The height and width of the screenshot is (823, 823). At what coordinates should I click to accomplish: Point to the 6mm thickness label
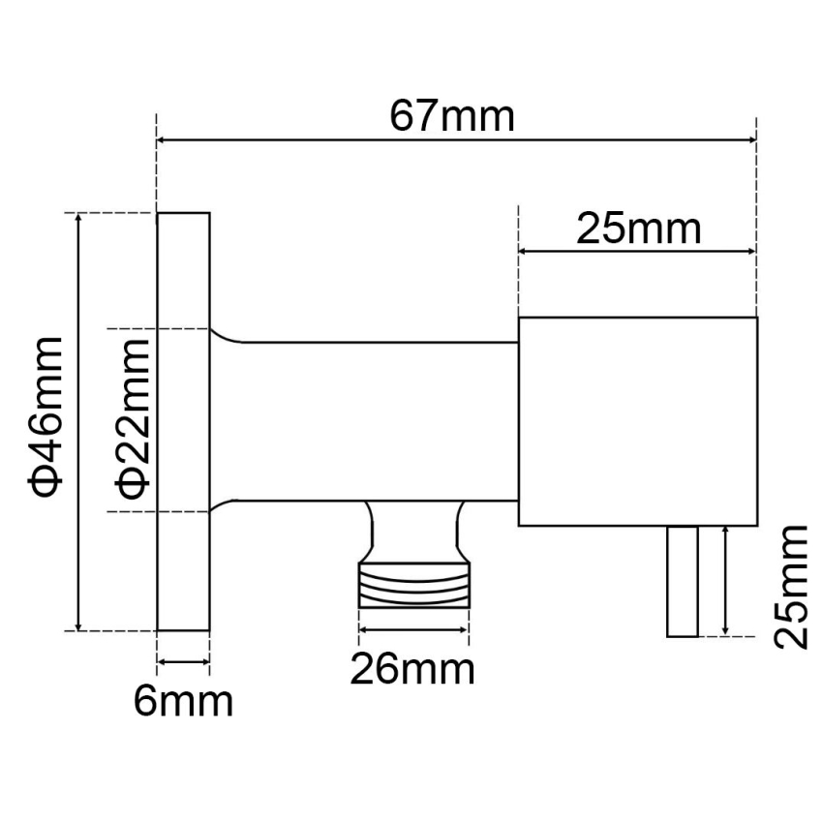tap(183, 701)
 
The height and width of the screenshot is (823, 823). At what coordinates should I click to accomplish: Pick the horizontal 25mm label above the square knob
tap(638, 229)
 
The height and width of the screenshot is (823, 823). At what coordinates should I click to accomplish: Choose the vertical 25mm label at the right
tap(792, 585)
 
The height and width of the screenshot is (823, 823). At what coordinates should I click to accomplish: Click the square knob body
tap(638, 421)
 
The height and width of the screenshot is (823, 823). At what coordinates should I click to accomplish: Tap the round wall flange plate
tap(183, 421)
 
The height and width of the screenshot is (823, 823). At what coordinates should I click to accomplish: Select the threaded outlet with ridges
tap(414, 584)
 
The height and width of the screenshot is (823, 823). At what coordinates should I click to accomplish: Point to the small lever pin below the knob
tap(682, 581)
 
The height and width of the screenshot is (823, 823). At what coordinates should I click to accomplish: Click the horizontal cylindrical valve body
tap(378, 421)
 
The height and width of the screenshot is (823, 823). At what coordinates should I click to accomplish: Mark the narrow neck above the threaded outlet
tap(413, 528)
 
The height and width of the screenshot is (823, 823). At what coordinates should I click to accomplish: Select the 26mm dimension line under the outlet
tap(413, 630)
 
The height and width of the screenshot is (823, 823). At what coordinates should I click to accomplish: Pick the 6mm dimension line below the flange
tap(183, 662)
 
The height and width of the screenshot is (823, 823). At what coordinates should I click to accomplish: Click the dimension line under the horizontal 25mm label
tap(638, 253)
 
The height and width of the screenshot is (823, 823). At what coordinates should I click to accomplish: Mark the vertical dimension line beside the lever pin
tap(725, 581)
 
